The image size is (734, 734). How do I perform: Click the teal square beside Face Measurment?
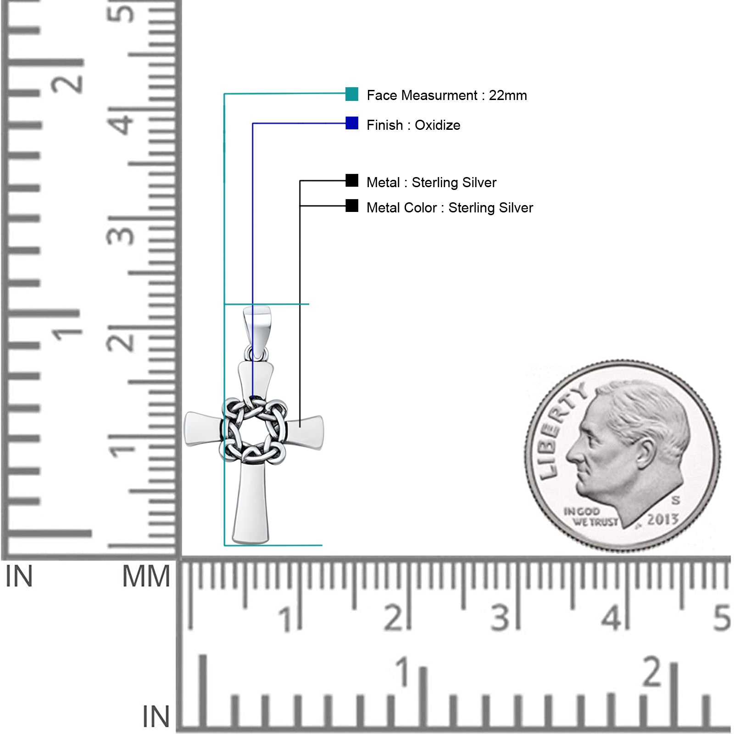[x=352, y=94]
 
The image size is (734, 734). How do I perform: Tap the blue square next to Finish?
[x=352, y=123]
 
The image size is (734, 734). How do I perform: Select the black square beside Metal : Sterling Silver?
[x=352, y=181]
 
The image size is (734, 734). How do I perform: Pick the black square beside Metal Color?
[x=352, y=206]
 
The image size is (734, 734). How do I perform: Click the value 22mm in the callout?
[x=508, y=95]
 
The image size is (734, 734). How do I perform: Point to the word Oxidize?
[x=437, y=125]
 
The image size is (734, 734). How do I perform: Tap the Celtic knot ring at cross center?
[x=255, y=430]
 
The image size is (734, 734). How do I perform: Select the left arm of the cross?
[x=204, y=429]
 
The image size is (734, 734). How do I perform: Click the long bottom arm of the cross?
[x=251, y=503]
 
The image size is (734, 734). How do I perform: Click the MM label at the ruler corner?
[x=146, y=577]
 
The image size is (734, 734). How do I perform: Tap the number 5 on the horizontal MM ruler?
[x=722, y=617]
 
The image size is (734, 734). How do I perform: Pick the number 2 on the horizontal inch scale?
[x=652, y=672]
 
